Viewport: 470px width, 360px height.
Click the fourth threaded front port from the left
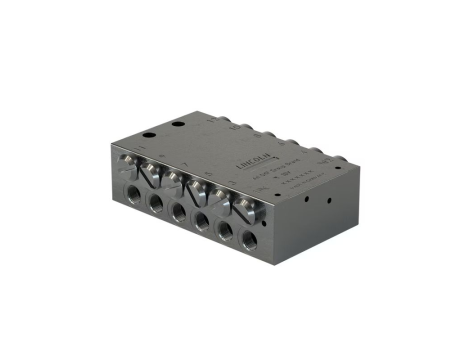point(203,220)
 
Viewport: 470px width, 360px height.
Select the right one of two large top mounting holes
point(178,124)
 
